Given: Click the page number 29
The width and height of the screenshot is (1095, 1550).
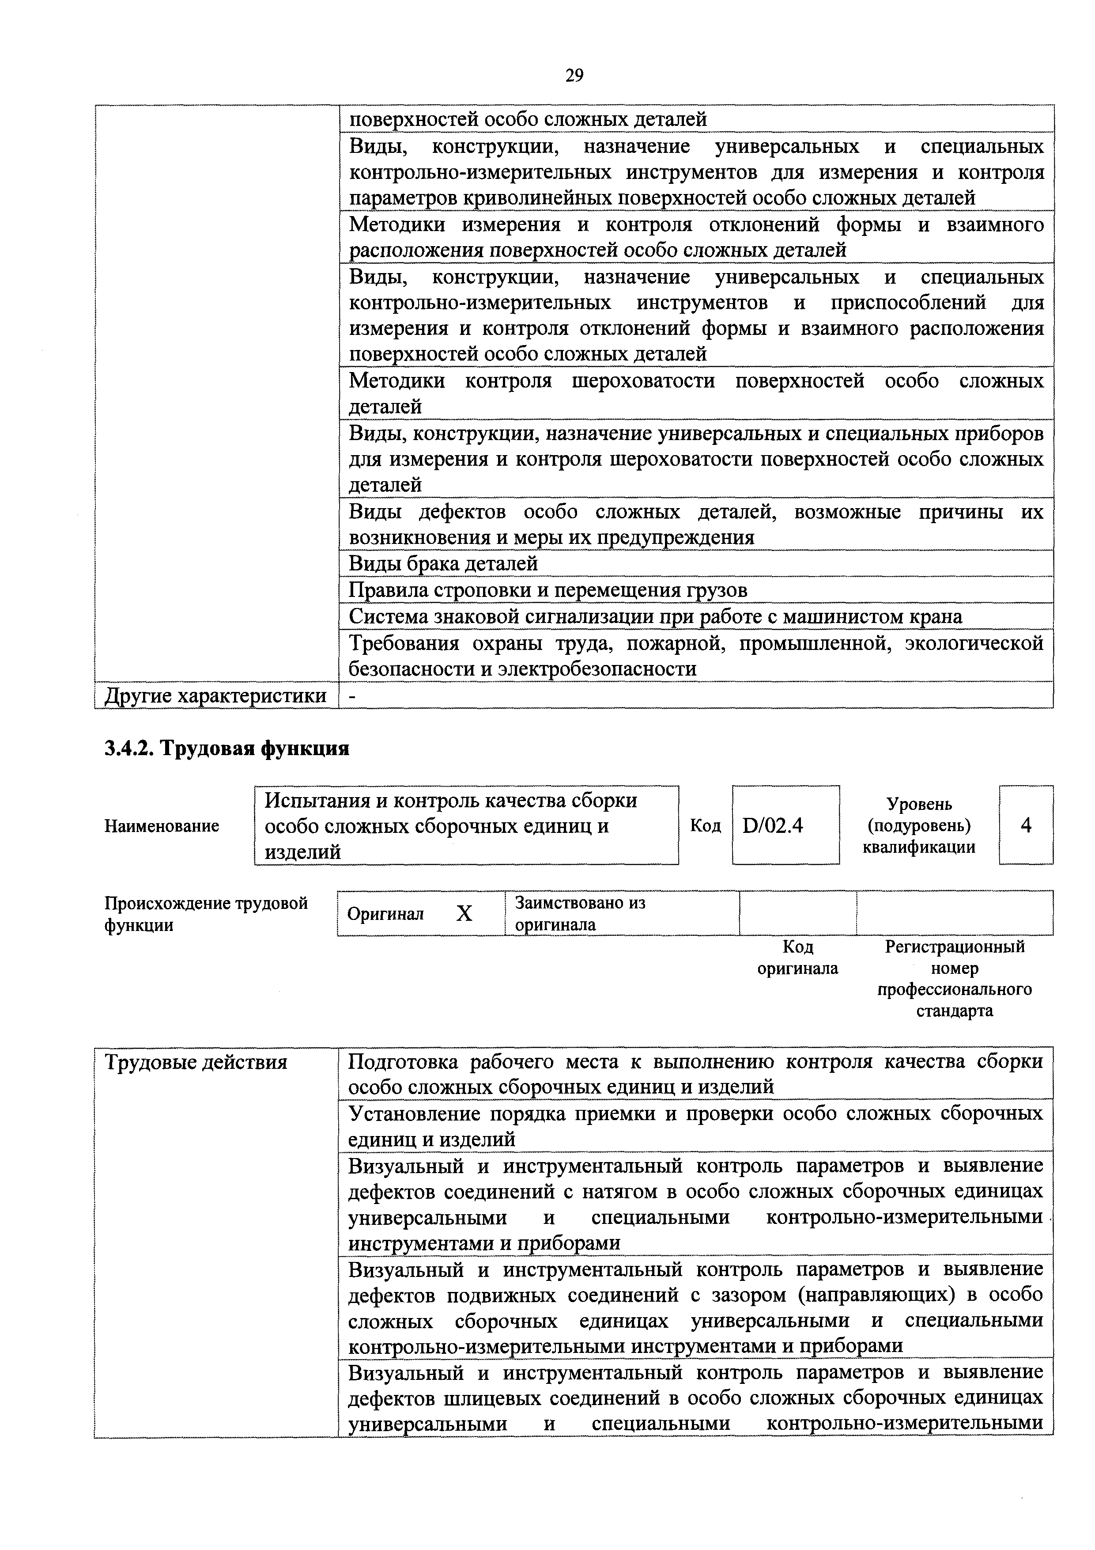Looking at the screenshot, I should tap(574, 75).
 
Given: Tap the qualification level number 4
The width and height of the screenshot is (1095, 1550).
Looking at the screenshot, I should tap(1026, 825).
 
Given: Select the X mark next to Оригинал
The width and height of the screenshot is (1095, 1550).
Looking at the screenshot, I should tap(464, 913).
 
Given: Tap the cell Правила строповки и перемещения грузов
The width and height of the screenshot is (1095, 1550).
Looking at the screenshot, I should tap(548, 590).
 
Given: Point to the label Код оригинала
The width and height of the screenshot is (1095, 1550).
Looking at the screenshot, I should tap(797, 957).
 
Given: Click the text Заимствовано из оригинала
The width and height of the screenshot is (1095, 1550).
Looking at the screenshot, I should tap(580, 913).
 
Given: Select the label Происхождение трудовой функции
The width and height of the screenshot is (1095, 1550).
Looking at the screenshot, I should tap(206, 913).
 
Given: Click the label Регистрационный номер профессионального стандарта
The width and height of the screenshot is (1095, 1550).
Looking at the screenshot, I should tap(954, 978).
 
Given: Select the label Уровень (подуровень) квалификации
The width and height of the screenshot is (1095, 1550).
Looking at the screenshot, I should tap(919, 825).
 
